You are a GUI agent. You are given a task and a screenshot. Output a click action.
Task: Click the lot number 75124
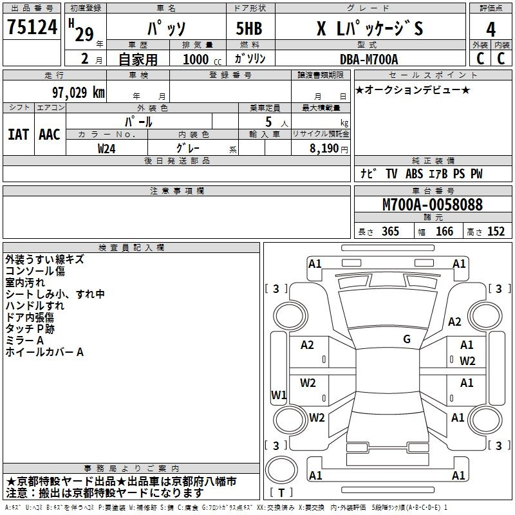point(32,26)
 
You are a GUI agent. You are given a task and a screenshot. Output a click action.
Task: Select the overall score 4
point(491,30)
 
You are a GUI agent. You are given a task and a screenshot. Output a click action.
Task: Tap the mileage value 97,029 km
point(79,93)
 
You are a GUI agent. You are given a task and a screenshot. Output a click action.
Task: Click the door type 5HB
point(249,28)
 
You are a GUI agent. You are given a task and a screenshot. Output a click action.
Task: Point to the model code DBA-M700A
point(369,59)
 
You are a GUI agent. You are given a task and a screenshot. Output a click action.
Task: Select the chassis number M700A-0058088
point(433,205)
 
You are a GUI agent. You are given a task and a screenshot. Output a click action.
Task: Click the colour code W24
point(106,149)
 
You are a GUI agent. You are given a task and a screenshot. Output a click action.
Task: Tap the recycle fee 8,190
point(324,149)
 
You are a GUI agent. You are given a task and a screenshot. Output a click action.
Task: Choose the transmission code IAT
point(18,135)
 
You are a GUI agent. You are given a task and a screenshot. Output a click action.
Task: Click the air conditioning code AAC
point(50,135)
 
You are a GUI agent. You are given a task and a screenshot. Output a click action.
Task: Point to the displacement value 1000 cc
point(202,59)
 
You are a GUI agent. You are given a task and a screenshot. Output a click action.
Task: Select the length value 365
point(390,231)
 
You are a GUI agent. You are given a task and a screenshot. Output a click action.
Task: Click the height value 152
point(496,231)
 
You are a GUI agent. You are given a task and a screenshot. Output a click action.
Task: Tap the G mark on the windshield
point(407,339)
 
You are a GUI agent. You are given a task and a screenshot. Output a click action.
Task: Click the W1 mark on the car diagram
point(279,395)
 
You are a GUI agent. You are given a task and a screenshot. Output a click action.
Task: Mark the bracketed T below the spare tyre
point(281,492)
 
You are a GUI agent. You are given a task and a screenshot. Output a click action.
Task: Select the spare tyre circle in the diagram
point(281,470)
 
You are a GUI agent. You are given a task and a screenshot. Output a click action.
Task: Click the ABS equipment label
point(414,174)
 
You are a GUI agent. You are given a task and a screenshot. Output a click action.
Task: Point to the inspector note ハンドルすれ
point(35,306)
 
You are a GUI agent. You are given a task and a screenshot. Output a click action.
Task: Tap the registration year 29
point(84,34)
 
